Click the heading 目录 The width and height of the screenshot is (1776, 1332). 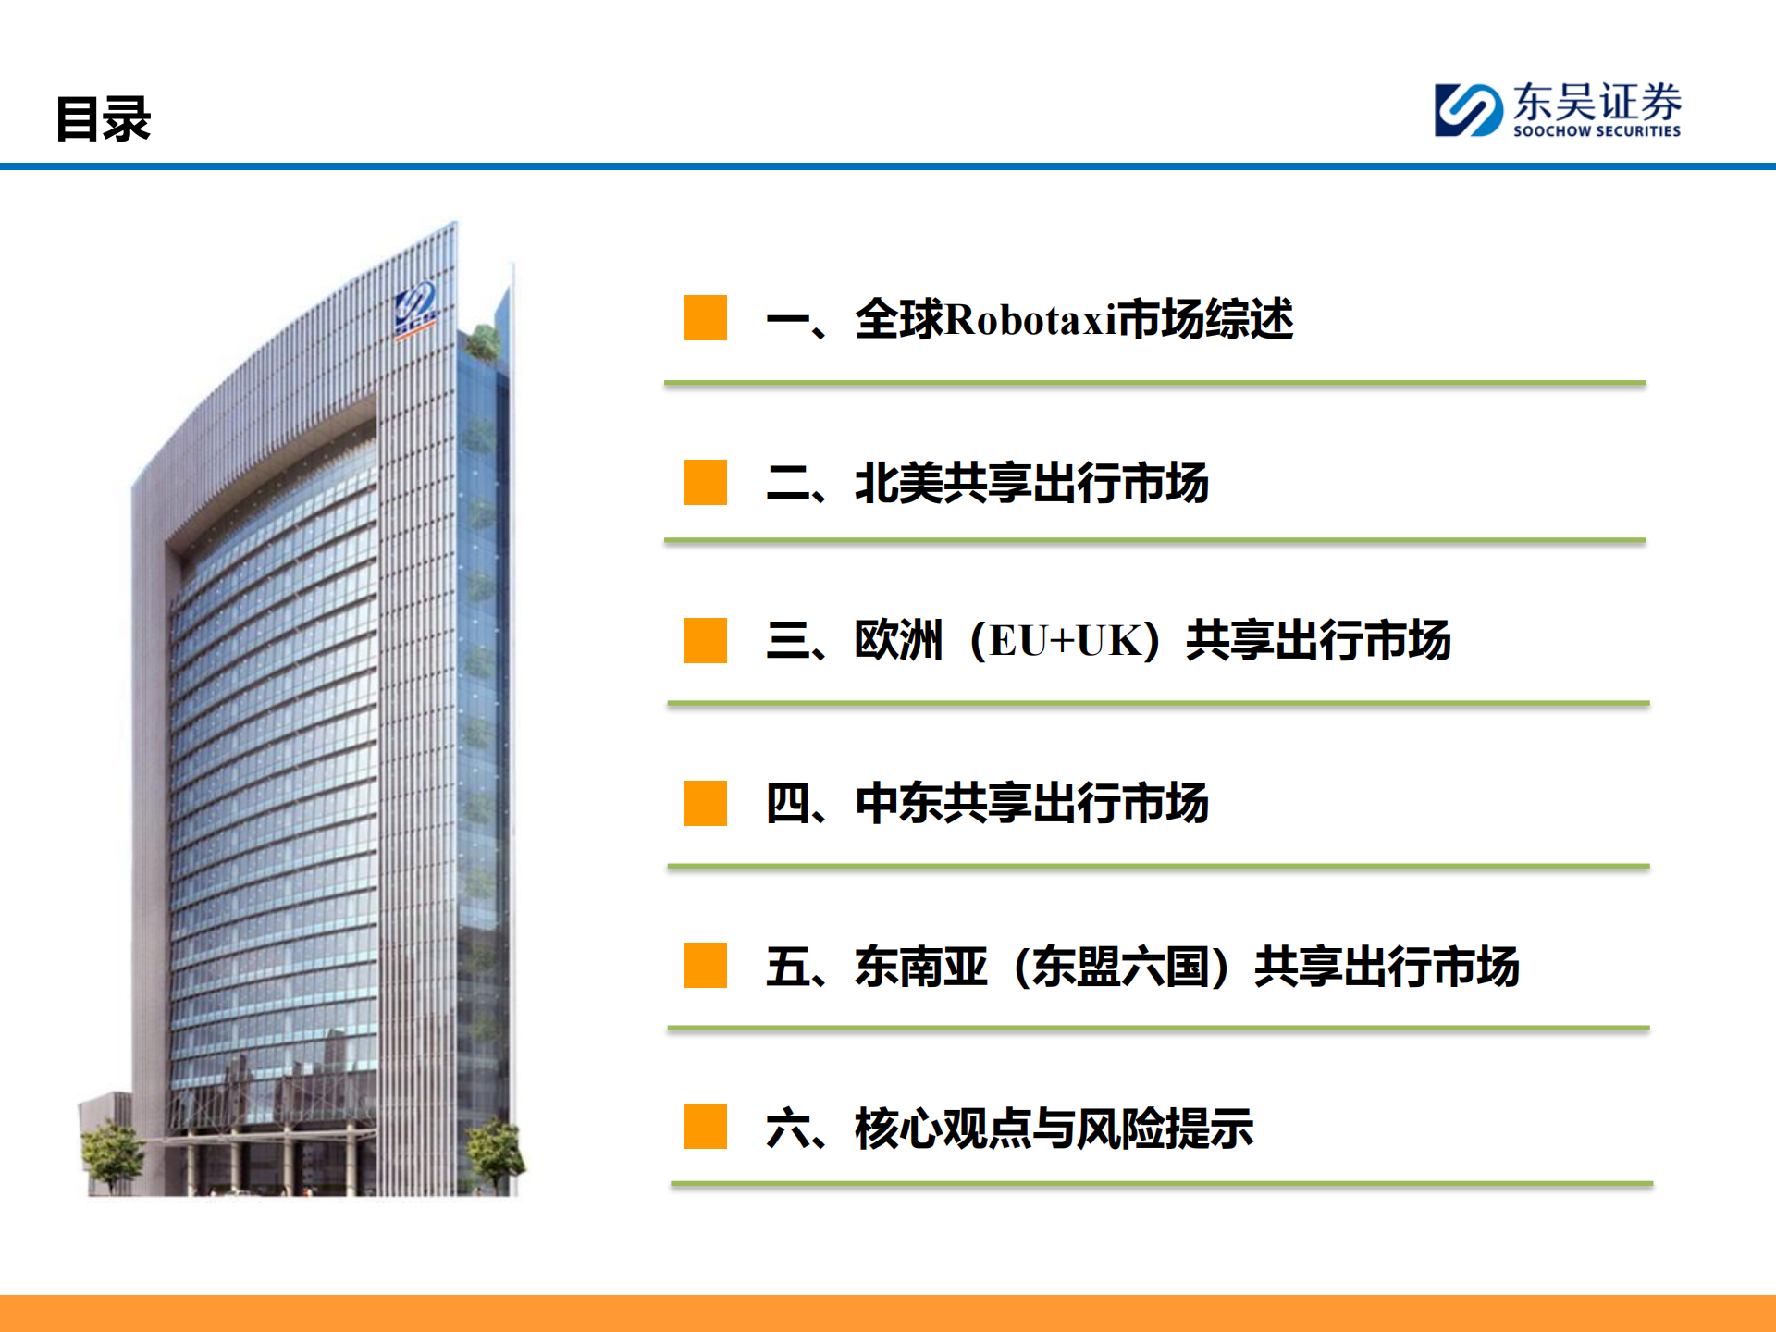click(x=103, y=119)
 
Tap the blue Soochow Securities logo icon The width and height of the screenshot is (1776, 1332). click(x=1467, y=110)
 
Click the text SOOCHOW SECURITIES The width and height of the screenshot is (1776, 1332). click(x=1597, y=131)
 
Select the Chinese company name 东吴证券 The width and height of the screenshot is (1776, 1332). click(x=1597, y=101)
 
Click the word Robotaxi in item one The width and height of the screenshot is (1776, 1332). click(x=1031, y=320)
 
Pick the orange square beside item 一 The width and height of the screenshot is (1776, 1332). click(x=705, y=318)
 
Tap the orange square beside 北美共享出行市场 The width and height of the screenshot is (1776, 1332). click(x=705, y=482)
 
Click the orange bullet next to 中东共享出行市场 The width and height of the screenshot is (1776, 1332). click(x=705, y=803)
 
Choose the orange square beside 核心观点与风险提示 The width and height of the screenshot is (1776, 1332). click(x=705, y=1127)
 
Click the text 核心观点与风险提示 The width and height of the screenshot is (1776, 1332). click(x=1054, y=1128)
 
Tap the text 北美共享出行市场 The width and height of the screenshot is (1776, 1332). click(x=1031, y=483)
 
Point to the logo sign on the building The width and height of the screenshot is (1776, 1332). click(x=416, y=308)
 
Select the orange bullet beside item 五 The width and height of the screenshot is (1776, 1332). click(x=705, y=966)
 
